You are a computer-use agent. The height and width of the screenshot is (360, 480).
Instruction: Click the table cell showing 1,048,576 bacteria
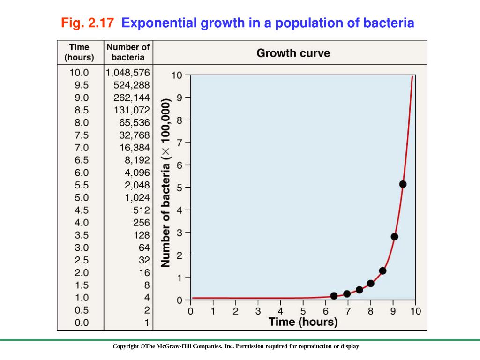(128, 73)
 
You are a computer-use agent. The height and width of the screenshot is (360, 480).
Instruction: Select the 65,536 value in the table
(135, 123)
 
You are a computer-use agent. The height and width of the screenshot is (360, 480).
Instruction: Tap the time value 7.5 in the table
(82, 135)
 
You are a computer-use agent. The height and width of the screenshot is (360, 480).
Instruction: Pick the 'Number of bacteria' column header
(128, 52)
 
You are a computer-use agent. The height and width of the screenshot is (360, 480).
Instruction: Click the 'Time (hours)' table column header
(79, 52)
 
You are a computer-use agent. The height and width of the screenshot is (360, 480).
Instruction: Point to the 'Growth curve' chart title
(293, 53)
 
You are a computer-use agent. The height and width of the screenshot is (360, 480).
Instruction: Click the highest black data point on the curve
(403, 184)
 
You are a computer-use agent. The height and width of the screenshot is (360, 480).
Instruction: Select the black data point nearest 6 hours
(334, 296)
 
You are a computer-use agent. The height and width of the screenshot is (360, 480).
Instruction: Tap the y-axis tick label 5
(180, 187)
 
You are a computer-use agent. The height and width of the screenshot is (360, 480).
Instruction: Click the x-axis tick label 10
(416, 311)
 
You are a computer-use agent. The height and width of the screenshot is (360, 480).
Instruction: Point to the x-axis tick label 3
(258, 311)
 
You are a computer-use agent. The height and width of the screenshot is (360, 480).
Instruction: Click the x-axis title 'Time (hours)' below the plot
(303, 322)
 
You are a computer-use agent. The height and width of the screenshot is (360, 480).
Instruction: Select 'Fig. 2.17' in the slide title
(88, 22)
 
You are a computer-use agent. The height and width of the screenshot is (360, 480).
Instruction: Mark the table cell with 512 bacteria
(141, 210)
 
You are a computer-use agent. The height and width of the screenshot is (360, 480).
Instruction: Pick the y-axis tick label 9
(180, 98)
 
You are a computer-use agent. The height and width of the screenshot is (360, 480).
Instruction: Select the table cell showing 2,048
(137, 185)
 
